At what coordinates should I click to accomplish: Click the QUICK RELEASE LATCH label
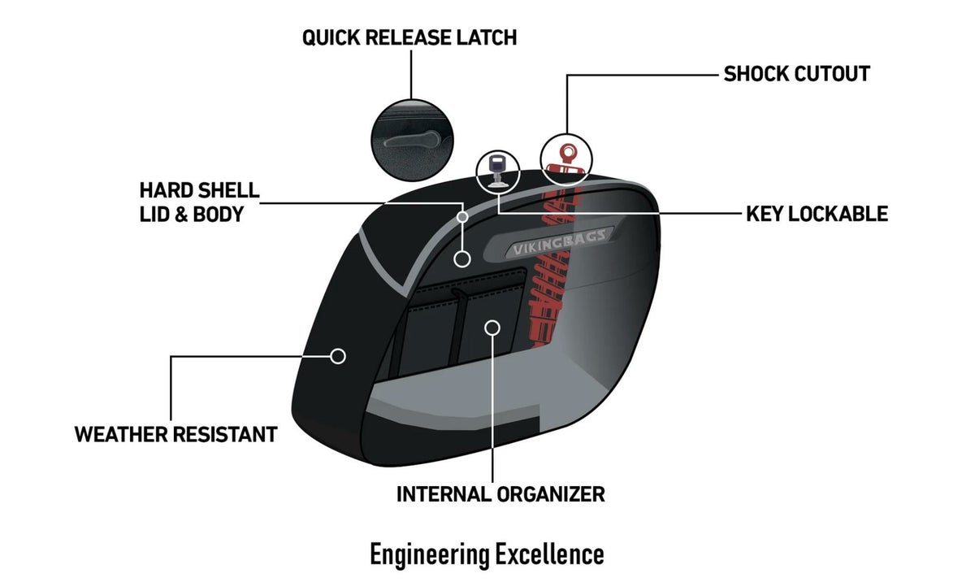coord(409,37)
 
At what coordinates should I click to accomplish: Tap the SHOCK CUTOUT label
coord(796,74)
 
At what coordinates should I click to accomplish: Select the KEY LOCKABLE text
coord(817,214)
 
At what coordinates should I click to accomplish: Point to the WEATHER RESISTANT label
coord(175,434)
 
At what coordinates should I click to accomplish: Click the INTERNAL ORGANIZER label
coord(500,493)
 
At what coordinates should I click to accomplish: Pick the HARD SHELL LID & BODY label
coord(199,202)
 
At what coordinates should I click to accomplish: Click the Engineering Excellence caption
coord(487,554)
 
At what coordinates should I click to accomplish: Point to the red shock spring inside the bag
coord(552,293)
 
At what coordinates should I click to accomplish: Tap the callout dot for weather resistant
coord(339,356)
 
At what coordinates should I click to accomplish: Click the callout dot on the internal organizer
coord(491,327)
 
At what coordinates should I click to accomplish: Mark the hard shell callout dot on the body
coord(462,259)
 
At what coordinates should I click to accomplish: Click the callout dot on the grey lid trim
coord(462,217)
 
